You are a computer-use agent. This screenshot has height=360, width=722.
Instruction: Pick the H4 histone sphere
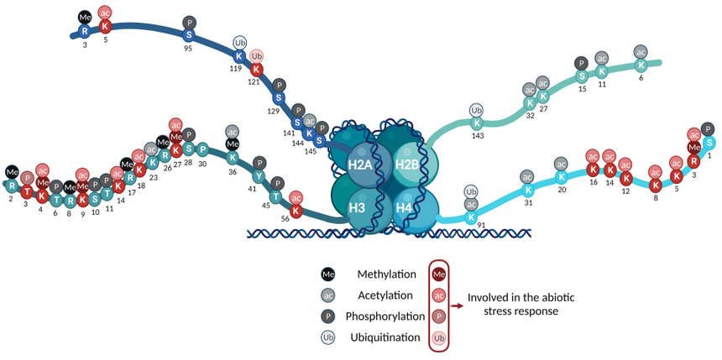click(x=405, y=206)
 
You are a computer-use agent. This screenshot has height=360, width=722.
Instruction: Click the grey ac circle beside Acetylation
click(x=327, y=295)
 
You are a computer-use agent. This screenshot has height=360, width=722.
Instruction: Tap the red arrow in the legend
click(x=456, y=305)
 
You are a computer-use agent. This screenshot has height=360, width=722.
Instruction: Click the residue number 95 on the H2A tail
click(x=190, y=49)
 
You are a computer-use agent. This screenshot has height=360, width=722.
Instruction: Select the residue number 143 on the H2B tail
click(x=479, y=136)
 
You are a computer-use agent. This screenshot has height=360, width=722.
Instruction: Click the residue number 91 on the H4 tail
click(x=481, y=225)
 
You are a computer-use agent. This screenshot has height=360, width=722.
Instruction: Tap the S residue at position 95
click(x=190, y=34)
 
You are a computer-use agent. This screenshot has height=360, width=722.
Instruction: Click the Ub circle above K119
click(x=239, y=42)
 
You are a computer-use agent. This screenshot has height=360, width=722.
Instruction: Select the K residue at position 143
click(x=478, y=123)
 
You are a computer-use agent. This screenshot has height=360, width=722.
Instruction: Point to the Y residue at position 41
click(x=260, y=176)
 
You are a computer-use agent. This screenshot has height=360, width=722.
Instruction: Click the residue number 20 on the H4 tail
click(x=562, y=189)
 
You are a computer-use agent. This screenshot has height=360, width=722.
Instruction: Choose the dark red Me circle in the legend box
click(x=438, y=274)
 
